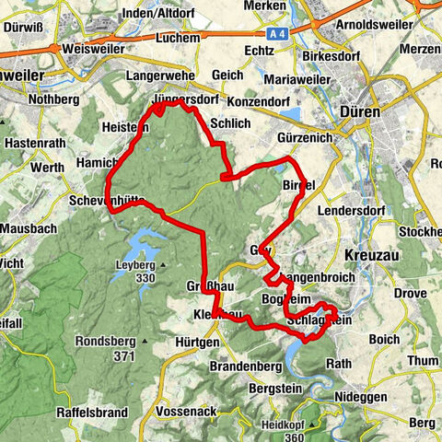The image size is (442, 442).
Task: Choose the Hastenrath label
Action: click(31, 144)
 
